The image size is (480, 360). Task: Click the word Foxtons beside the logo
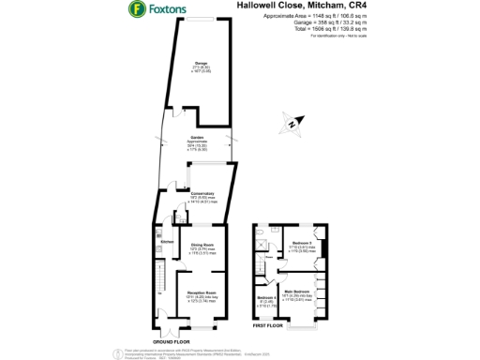pos(165,11)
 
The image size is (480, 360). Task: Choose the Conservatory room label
pos(192,194)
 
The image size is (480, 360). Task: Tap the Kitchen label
pos(167,242)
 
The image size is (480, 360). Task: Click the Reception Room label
pos(203,292)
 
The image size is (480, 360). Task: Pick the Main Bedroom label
pos(297,292)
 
